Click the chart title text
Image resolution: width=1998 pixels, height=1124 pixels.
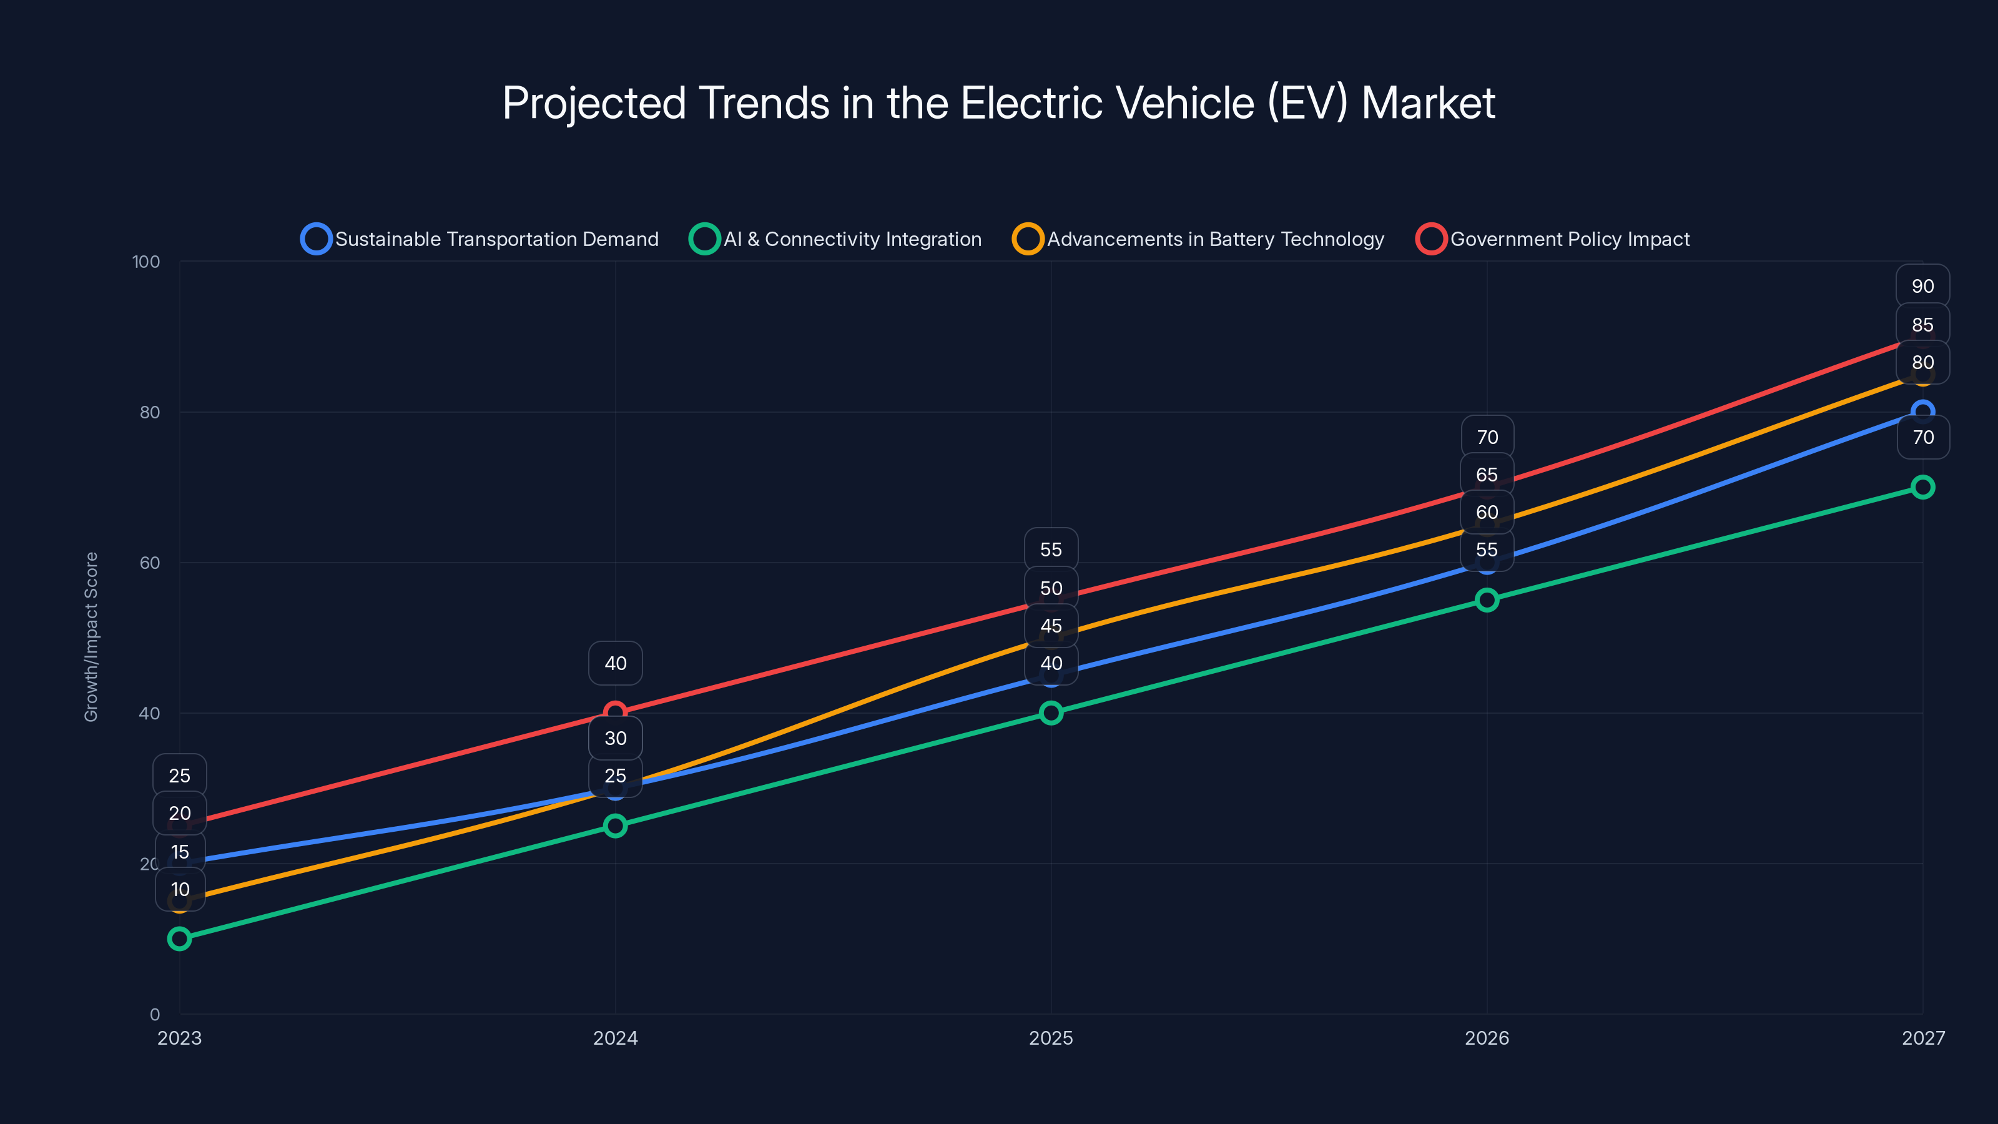[x=998, y=103]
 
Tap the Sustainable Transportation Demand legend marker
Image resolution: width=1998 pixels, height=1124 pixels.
[x=317, y=239]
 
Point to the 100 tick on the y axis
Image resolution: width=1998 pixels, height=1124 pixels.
[x=146, y=262]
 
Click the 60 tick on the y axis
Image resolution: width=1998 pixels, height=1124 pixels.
[x=150, y=563]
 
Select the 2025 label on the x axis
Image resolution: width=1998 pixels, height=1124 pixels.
[x=1051, y=1038]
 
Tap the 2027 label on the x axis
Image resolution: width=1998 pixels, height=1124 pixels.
[x=1923, y=1038]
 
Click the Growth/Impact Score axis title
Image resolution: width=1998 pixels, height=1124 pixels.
[x=92, y=637]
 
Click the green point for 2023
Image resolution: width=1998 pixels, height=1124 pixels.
[x=179, y=939]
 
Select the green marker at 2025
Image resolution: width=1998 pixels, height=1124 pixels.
[x=1051, y=713]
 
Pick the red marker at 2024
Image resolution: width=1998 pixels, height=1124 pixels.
[x=615, y=712]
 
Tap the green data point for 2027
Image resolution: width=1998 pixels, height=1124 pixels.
[x=1923, y=487]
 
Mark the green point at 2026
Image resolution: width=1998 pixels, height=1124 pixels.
[x=1487, y=599]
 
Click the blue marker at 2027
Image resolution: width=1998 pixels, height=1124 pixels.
[x=1923, y=412]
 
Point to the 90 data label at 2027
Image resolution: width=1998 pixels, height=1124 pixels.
[x=1923, y=286]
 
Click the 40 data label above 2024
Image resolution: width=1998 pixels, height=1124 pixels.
[x=615, y=663]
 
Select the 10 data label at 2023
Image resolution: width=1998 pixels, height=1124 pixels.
[x=180, y=890]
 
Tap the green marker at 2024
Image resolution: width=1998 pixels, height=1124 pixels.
[x=615, y=826]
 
